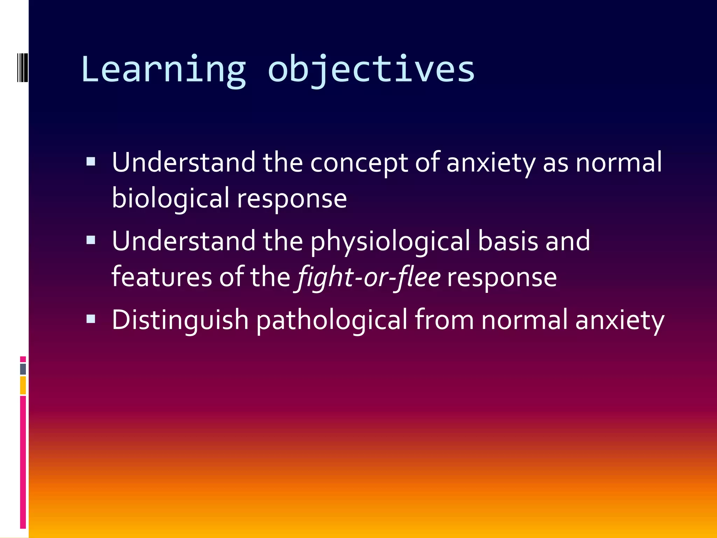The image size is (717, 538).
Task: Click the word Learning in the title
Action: pos(163,70)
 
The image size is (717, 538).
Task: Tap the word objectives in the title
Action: pos(371,70)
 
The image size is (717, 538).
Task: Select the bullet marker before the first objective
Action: pos(91,161)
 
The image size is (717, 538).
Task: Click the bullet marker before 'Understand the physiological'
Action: pos(91,240)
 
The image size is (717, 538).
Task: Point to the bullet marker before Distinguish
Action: pos(91,318)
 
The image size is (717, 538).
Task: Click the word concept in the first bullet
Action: pos(359,163)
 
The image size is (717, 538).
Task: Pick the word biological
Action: pos(170,199)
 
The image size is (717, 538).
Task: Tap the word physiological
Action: pos(390,242)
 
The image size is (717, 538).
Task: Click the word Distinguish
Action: pos(180,320)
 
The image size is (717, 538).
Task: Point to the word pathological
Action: pos(332,320)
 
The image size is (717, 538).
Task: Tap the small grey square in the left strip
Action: pos(23,369)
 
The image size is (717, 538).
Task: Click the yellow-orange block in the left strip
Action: pos(23,385)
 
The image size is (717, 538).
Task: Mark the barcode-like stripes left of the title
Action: pos(23,67)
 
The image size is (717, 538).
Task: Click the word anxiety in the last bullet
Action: pos(620,320)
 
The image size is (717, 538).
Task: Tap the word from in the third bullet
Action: pos(444,320)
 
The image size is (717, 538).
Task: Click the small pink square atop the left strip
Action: pos(23,359)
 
